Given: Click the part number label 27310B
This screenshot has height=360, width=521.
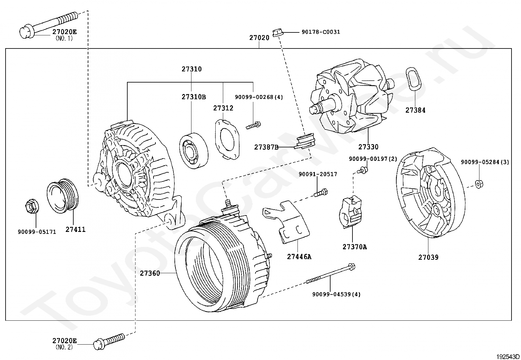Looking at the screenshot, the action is click(194, 97).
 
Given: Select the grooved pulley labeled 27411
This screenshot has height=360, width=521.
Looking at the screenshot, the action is click(63, 196).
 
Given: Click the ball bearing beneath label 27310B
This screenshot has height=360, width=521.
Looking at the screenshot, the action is click(194, 151).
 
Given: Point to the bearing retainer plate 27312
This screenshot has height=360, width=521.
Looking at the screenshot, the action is click(227, 140).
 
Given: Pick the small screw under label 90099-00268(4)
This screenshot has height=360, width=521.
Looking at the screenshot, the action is click(253, 125).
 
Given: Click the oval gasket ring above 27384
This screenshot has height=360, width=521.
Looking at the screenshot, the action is click(413, 79).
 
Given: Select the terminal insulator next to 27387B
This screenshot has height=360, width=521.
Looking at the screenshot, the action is click(305, 141).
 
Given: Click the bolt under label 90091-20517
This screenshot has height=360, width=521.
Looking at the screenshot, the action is click(321, 193).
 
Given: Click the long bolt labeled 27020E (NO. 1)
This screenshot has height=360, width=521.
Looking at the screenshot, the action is click(49, 25).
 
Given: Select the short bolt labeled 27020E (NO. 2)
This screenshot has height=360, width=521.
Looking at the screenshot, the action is click(109, 342).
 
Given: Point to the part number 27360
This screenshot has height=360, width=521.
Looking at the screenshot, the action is click(150, 273).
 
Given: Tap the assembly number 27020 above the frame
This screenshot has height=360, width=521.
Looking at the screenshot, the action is click(259, 37).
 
